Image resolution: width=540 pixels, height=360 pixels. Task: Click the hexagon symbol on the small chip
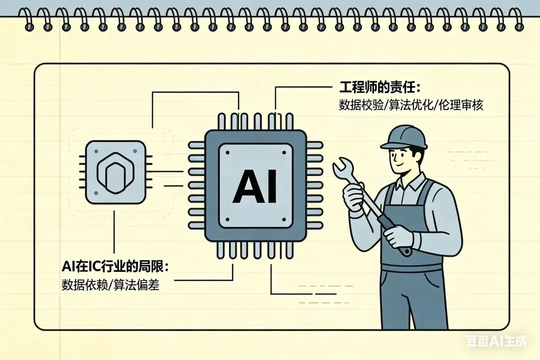[115, 173]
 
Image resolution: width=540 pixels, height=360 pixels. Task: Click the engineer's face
[402, 159]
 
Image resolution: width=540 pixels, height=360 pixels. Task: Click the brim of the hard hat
[390, 146]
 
